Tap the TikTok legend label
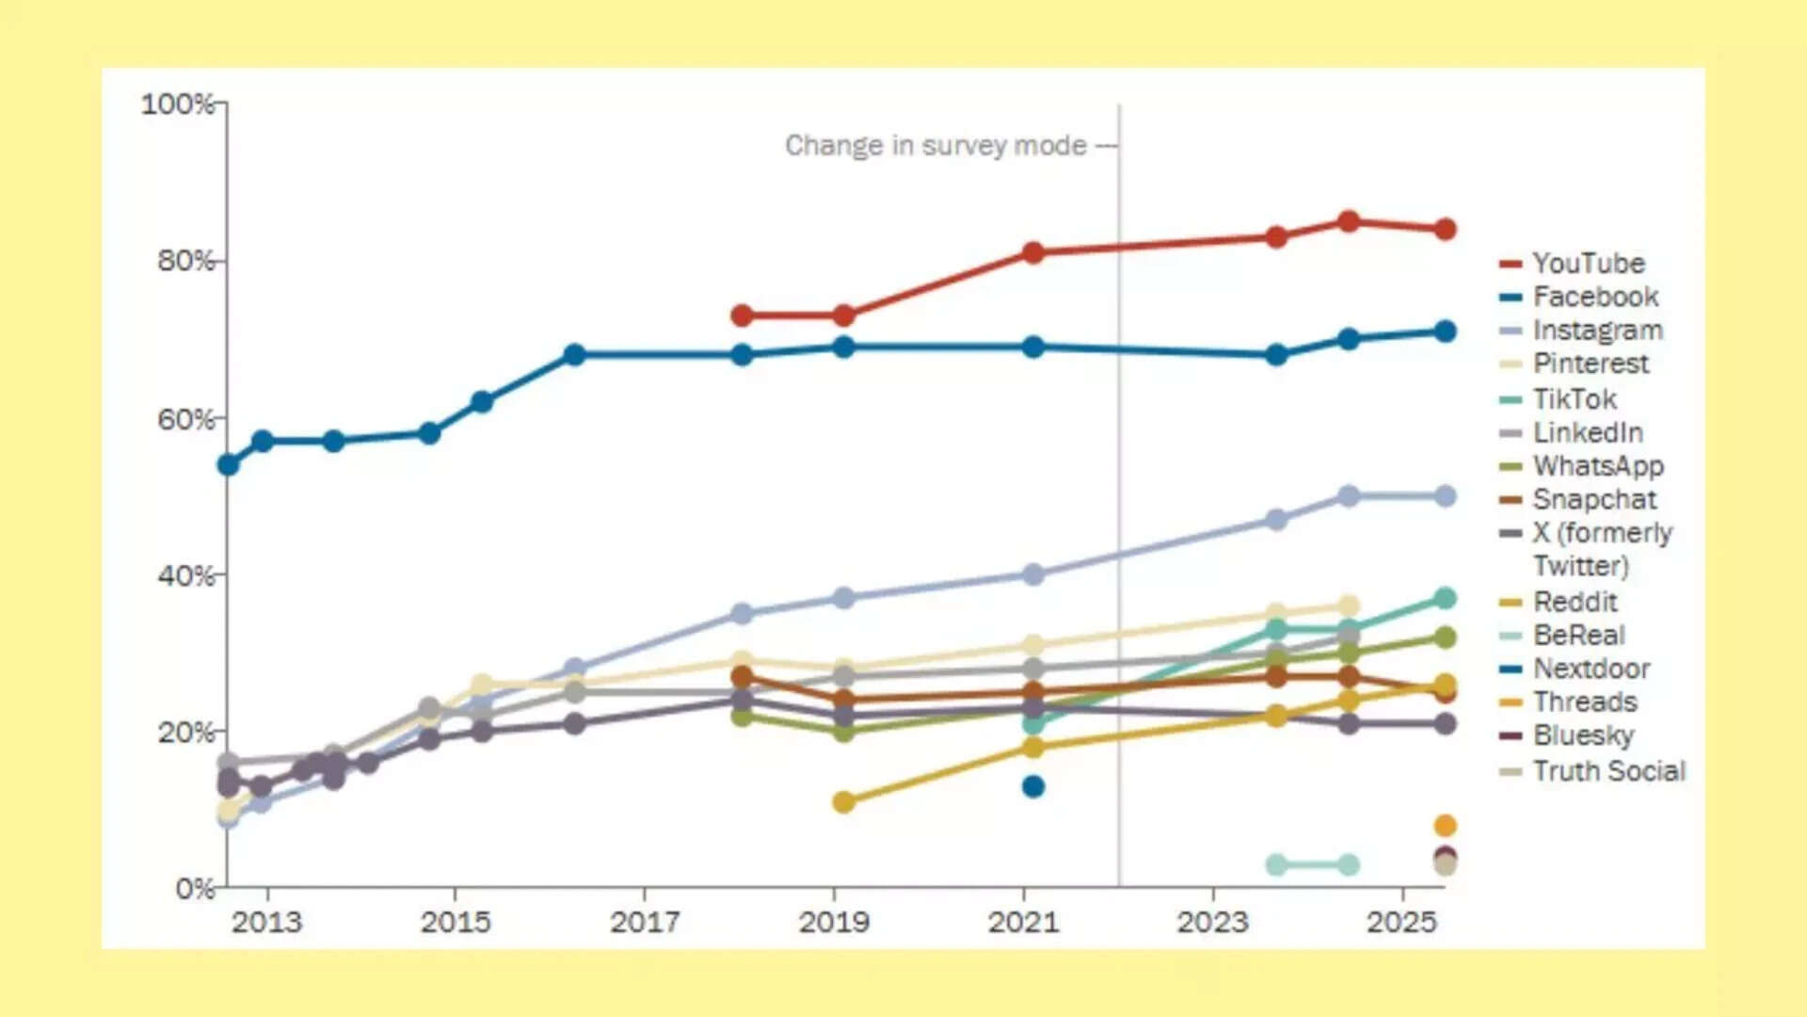(x=1574, y=398)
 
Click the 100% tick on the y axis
(x=179, y=103)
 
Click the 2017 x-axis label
(x=644, y=921)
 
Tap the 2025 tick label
(x=1401, y=921)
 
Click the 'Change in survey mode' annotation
(x=935, y=145)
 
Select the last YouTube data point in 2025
(x=1445, y=229)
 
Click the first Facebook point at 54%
(x=228, y=464)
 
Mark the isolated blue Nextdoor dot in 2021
(x=1032, y=786)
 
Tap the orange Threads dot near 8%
(x=1445, y=826)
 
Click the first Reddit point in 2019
(x=843, y=802)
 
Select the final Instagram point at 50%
(x=1445, y=496)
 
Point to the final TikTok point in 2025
(x=1445, y=598)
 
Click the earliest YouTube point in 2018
(x=742, y=315)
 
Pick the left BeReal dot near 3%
(x=1276, y=864)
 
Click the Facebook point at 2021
(x=1032, y=347)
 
